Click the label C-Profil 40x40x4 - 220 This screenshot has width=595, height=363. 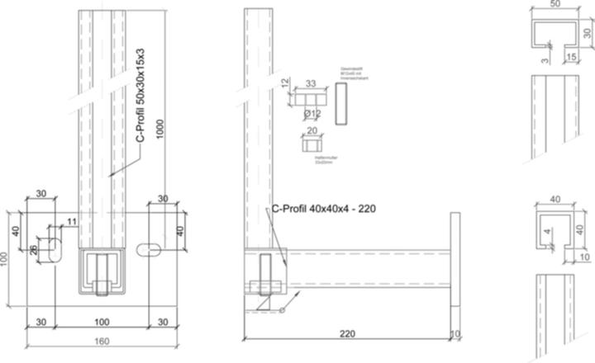click(323, 209)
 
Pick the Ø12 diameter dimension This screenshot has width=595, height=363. click(312, 113)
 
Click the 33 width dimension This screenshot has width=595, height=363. click(311, 83)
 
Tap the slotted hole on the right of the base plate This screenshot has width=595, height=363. click(151, 247)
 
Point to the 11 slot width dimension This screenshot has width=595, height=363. click(72, 222)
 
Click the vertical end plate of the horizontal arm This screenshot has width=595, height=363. click(453, 260)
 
